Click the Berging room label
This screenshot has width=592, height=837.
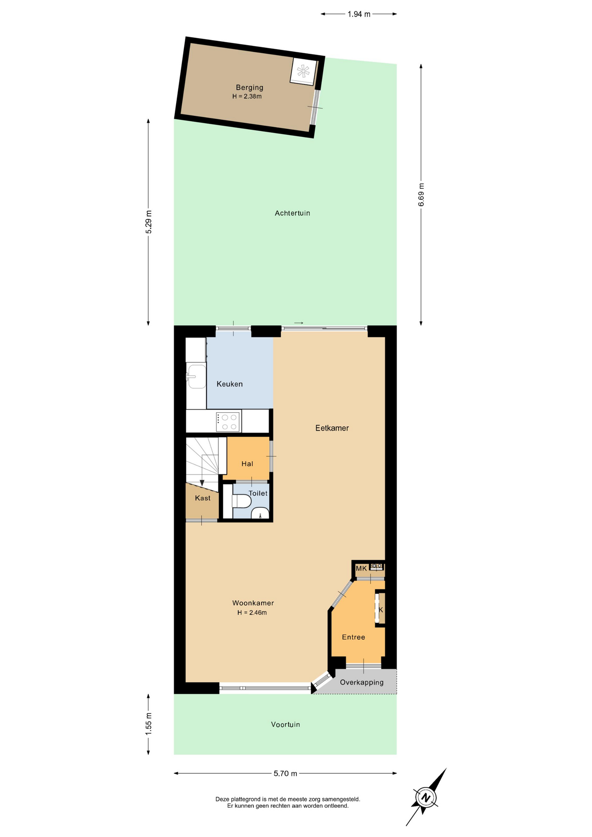(249, 88)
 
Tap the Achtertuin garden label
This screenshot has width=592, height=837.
(292, 213)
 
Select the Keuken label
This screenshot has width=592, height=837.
(229, 384)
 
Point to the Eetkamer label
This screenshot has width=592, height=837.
(332, 428)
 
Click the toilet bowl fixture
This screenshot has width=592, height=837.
(241, 501)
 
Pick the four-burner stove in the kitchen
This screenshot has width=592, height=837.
(228, 422)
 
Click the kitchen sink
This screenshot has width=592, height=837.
(196, 376)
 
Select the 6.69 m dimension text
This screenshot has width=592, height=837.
(421, 195)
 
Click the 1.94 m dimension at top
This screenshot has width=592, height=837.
(359, 14)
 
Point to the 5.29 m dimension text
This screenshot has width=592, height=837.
(149, 222)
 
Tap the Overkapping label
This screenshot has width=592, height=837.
(362, 682)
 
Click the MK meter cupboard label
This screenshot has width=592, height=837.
(361, 568)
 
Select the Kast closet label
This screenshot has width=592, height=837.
(203, 498)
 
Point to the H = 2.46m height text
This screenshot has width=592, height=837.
(252, 612)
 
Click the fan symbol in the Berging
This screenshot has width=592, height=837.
(303, 71)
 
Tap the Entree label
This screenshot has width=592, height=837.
(354, 637)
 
